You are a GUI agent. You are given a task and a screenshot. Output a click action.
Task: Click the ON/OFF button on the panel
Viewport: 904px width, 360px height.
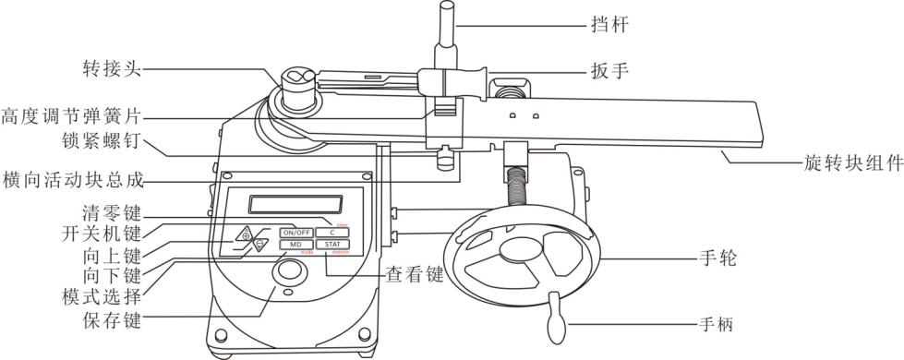click(296, 232)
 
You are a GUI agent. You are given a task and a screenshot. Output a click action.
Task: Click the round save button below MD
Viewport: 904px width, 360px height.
click(290, 271)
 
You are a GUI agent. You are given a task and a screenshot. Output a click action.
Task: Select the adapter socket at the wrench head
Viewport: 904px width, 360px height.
click(300, 79)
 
